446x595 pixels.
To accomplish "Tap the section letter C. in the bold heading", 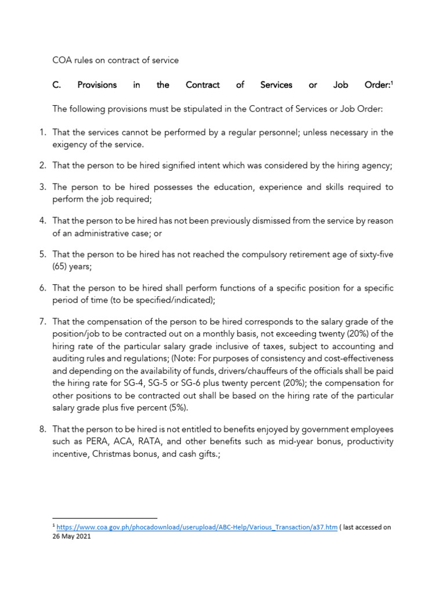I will pos(57,85).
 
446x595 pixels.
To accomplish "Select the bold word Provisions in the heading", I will pos(97,85).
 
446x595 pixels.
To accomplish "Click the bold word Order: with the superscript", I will pos(378,85).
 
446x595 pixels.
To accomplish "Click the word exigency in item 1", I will pos(70,144).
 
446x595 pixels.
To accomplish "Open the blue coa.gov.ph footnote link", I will pos(196,528).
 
